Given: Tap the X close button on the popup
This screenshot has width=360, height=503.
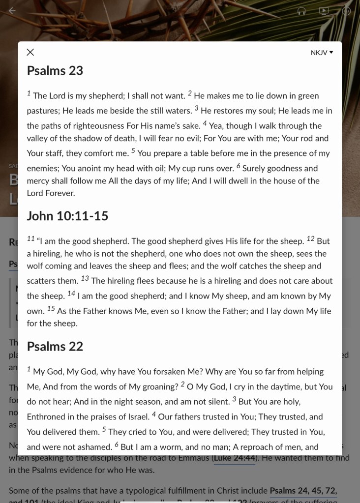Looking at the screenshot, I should click(x=30, y=52).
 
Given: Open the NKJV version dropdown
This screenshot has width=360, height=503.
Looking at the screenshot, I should click(x=322, y=53).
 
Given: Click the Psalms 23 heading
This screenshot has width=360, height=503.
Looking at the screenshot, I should click(x=55, y=70).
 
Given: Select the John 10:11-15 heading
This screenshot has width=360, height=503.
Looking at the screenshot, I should click(x=67, y=216).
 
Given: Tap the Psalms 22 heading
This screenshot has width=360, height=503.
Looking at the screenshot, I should click(x=55, y=346).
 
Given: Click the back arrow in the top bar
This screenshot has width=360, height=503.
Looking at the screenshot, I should click(x=12, y=11).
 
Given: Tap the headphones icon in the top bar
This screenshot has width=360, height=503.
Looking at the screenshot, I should click(x=301, y=11).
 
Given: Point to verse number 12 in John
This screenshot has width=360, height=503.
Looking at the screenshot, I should click(x=310, y=239).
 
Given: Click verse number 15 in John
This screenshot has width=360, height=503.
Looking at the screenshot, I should click(x=51, y=309).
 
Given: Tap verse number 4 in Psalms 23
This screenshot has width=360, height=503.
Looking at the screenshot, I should click(x=205, y=123).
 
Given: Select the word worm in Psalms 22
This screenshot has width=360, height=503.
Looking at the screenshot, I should click(x=166, y=447).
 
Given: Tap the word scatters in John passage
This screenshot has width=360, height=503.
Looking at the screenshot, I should click(x=43, y=281).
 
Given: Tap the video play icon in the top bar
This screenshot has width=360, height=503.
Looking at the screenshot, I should click(x=324, y=11).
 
